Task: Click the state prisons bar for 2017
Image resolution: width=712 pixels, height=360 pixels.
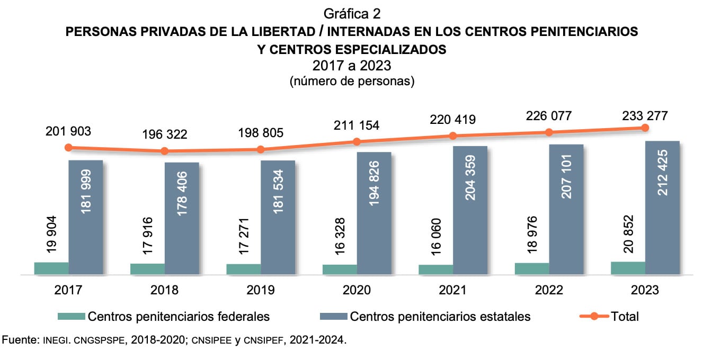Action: (86, 217)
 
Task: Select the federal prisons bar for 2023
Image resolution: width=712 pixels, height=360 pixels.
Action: (628, 268)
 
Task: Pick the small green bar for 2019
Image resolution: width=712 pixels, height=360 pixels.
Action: (243, 269)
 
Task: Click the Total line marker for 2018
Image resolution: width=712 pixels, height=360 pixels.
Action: (164, 151)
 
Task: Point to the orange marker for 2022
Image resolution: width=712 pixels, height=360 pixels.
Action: (549, 132)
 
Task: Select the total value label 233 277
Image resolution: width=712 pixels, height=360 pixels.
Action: (645, 115)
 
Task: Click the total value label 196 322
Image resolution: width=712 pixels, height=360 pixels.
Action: (164, 134)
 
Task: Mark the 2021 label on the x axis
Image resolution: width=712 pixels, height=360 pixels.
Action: (452, 290)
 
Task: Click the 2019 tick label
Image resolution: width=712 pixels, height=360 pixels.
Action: (260, 290)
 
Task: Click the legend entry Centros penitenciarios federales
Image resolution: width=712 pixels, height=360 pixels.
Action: (179, 317)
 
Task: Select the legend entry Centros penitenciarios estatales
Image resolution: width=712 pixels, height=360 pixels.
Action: (440, 317)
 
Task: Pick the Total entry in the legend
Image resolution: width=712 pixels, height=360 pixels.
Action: (625, 317)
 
